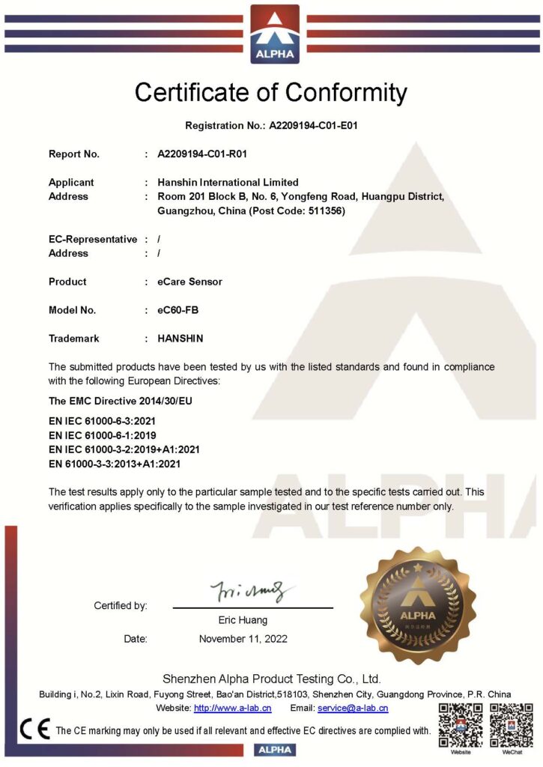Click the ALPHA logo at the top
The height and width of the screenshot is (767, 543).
pos(274,34)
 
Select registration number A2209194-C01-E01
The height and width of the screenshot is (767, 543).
pos(314,126)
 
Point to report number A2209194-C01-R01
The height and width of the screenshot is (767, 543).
pos(202,154)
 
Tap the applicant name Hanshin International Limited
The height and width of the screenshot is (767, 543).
pos(228,182)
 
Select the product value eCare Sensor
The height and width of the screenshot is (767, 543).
pos(189,282)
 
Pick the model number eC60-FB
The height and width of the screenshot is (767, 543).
pos(178,310)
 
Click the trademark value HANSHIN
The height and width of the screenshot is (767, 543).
pos(180,339)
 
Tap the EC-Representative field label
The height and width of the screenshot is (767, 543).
pos(93,240)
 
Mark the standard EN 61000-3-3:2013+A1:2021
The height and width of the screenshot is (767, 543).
pos(115,464)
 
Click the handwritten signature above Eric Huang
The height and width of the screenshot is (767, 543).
pos(248,591)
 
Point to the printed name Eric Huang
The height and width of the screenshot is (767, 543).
pos(243,620)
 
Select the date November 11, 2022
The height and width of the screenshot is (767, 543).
pos(243,639)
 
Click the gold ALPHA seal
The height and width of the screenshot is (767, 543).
pos(418,604)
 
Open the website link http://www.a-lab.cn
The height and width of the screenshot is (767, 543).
pos(232,708)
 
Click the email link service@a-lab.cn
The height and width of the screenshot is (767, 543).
pos(352,708)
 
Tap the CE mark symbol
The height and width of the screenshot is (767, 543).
pos(35,730)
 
